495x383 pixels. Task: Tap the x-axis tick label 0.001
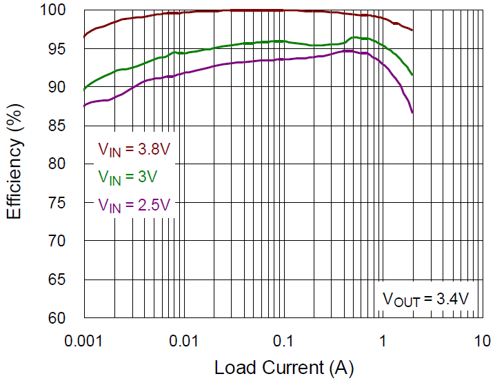point(84,340)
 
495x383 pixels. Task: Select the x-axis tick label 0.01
point(184,340)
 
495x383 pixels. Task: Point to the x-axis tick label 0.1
point(283,340)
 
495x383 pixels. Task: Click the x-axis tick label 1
point(383,340)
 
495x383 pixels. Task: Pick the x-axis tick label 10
point(482,340)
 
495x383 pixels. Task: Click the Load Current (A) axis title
point(283,367)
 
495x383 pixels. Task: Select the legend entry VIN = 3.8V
point(132,150)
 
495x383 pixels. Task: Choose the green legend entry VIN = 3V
point(128,177)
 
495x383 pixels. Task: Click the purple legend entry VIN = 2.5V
point(132,204)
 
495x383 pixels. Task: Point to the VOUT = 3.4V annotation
point(426,299)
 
